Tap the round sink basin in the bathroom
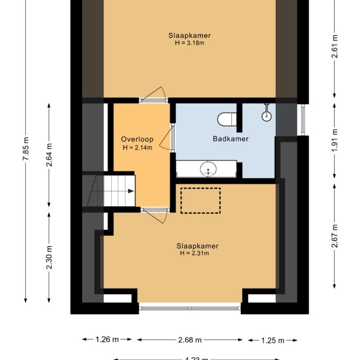click(208, 169)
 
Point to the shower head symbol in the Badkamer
click(266, 114)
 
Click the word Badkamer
click(231, 139)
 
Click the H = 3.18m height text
click(189, 43)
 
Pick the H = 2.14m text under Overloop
click(137, 148)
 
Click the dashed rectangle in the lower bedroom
click(201, 201)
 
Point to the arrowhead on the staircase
click(131, 191)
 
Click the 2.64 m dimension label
click(49, 155)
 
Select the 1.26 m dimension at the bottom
click(107, 340)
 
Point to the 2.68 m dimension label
click(190, 340)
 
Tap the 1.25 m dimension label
click(273, 340)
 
